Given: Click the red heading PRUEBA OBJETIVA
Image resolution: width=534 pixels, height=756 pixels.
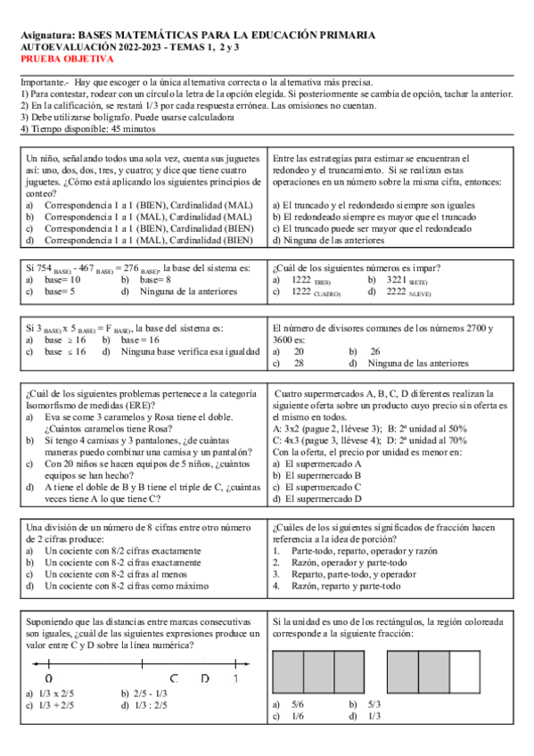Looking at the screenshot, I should click(68, 59).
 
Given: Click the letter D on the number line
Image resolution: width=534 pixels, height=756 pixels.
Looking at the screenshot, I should click(204, 678).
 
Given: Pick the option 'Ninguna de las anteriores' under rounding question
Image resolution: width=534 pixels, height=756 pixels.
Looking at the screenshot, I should click(333, 240).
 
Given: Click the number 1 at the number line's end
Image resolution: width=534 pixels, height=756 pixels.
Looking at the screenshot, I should click(234, 678).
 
